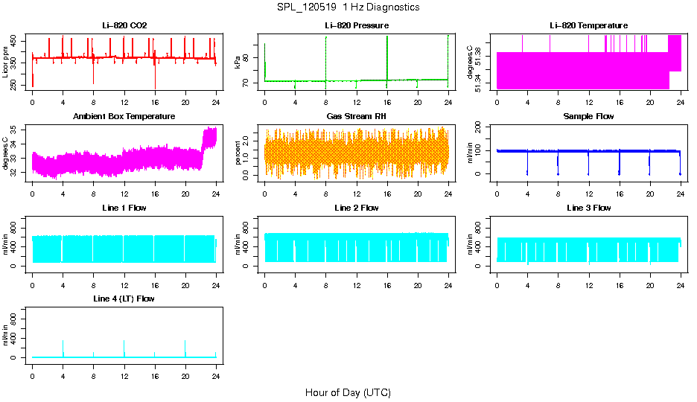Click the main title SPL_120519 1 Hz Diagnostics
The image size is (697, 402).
click(348, 7)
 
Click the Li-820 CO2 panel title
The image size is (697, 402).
click(124, 25)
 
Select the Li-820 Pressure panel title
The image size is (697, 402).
click(356, 25)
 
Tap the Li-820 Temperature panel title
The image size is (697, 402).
click(588, 25)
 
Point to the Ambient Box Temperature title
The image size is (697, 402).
click(124, 116)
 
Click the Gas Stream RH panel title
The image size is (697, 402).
click(356, 116)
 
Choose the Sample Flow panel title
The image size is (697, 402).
click(588, 116)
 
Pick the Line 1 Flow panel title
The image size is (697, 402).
click(124, 208)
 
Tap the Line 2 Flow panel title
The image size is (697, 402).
click(356, 208)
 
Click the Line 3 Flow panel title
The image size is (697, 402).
click(588, 208)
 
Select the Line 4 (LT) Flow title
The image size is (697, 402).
click(124, 299)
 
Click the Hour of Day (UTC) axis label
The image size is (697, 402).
click(348, 392)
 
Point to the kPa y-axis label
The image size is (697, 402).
click(238, 63)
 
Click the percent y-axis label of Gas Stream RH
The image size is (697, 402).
click(238, 153)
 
